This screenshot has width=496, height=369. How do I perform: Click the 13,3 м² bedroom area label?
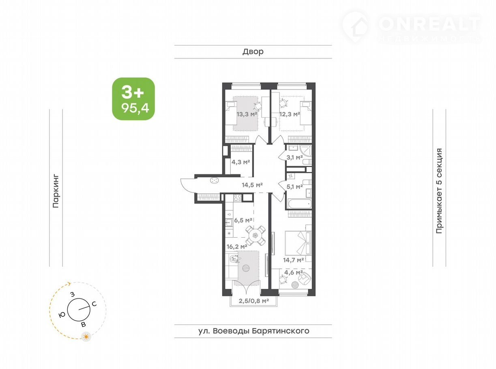247,114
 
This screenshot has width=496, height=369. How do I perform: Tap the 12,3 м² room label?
290,114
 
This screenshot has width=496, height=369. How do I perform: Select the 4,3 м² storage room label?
240,162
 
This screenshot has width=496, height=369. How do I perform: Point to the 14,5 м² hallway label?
252,185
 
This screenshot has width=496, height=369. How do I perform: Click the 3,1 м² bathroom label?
294,157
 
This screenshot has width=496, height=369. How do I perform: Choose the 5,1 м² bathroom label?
294,186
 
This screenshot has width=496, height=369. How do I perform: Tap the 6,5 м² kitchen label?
243,220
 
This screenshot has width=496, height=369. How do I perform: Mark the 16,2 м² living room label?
237,247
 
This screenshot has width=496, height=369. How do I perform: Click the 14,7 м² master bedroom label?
293,260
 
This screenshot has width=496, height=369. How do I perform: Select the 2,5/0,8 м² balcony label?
253,301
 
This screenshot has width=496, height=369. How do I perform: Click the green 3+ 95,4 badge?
133,99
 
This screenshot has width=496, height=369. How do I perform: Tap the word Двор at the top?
253,51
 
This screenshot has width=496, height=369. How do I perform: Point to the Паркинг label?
56,191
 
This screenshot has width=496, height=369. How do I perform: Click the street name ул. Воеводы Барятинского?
254,331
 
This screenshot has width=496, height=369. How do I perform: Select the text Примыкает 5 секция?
439,191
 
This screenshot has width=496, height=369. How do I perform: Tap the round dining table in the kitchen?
255,235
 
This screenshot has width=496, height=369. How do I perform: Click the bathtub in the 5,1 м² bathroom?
299,204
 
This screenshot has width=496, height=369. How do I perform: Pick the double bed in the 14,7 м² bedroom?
298,243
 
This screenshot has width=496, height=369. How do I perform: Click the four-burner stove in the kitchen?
237,198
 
